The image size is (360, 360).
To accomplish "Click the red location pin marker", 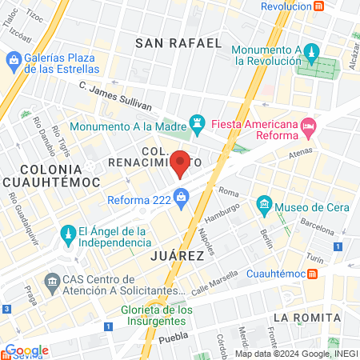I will (x=181, y=163).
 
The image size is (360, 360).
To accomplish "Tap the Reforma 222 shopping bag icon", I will (x=182, y=196).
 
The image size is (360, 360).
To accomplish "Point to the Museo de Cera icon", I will (x=265, y=207).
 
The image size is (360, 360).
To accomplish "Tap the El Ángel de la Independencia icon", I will (x=67, y=233).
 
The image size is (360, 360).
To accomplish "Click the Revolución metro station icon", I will (x=319, y=6).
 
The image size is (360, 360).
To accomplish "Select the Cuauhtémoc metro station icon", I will (x=314, y=273).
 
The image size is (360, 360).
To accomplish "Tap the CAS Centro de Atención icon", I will (x=53, y=282).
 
